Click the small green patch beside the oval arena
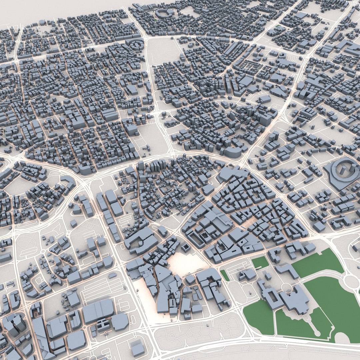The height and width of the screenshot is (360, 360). pos(156,20)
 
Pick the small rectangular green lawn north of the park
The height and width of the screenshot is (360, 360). pos(260,263)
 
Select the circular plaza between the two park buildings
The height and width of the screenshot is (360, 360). pos(286,287)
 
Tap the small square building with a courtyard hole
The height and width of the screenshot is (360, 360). pos(186,248)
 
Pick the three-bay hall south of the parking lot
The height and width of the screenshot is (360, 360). pos(97,310)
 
